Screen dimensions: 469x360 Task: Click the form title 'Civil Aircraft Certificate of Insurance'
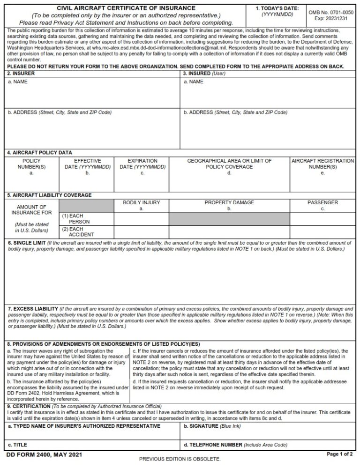click(x=126, y=8)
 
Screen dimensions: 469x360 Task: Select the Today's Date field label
click(x=277, y=8)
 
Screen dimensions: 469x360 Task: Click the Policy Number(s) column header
click(x=31, y=164)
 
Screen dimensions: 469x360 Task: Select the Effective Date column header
click(x=87, y=164)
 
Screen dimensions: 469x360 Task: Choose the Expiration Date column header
click(x=142, y=164)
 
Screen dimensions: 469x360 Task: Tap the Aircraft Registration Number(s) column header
click(x=322, y=164)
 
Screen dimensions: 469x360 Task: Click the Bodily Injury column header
click(x=141, y=203)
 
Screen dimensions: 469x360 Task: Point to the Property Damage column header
click(x=229, y=203)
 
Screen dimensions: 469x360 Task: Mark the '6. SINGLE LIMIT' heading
click(x=27, y=243)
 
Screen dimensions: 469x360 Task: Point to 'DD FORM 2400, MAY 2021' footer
click(x=37, y=454)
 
